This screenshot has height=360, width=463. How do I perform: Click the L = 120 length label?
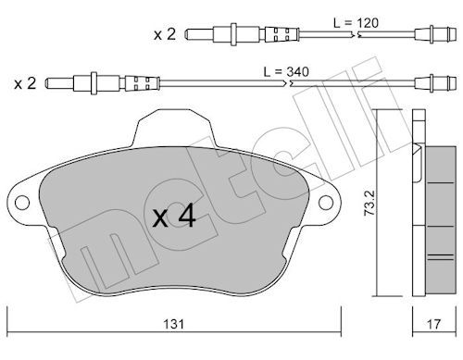tap(356, 23)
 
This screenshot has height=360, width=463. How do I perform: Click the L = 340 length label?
tap(286, 72)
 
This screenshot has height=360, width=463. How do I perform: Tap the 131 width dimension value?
tap(174, 324)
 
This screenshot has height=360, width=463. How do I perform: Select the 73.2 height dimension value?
tap(369, 203)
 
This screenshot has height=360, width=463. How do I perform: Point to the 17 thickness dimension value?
tap(433, 324)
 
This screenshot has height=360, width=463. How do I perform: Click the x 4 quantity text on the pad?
tap(174, 216)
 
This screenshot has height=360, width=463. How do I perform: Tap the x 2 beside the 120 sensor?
tap(165, 34)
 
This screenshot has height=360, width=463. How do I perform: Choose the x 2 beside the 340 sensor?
tap(25, 83)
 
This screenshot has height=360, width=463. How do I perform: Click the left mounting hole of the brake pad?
tap(22, 203)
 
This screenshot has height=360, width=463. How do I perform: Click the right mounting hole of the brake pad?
tap(326, 203)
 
